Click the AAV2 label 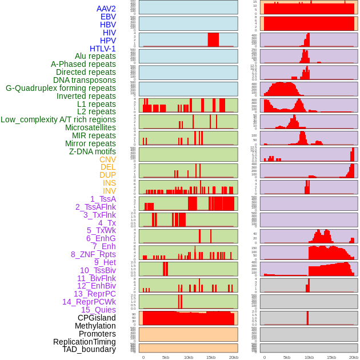pyautogui.click(x=106, y=9)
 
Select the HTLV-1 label pyautogui.click(x=103, y=49)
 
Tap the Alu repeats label pyautogui.click(x=95, y=57)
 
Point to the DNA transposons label pyautogui.click(x=85, y=80)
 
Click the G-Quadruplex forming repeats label pyautogui.click(x=61, y=88)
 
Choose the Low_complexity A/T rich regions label pyautogui.click(x=58, y=119)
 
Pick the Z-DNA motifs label pyautogui.click(x=93, y=151)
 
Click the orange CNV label pyautogui.click(x=107, y=159)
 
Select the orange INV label pyautogui.click(x=109, y=191)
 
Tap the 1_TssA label pyautogui.click(x=103, y=199)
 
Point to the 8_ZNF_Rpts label pyautogui.click(x=93, y=254)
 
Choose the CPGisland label pyautogui.click(x=97, y=318)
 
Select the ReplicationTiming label pyautogui.click(x=85, y=342)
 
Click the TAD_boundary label pyautogui.click(x=89, y=349)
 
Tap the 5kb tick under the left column pyautogui.click(x=166, y=357)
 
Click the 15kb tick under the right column pyautogui.click(x=331, y=357)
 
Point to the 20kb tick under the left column pyautogui.click(x=234, y=357)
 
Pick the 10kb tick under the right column pyautogui.click(x=309, y=357)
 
